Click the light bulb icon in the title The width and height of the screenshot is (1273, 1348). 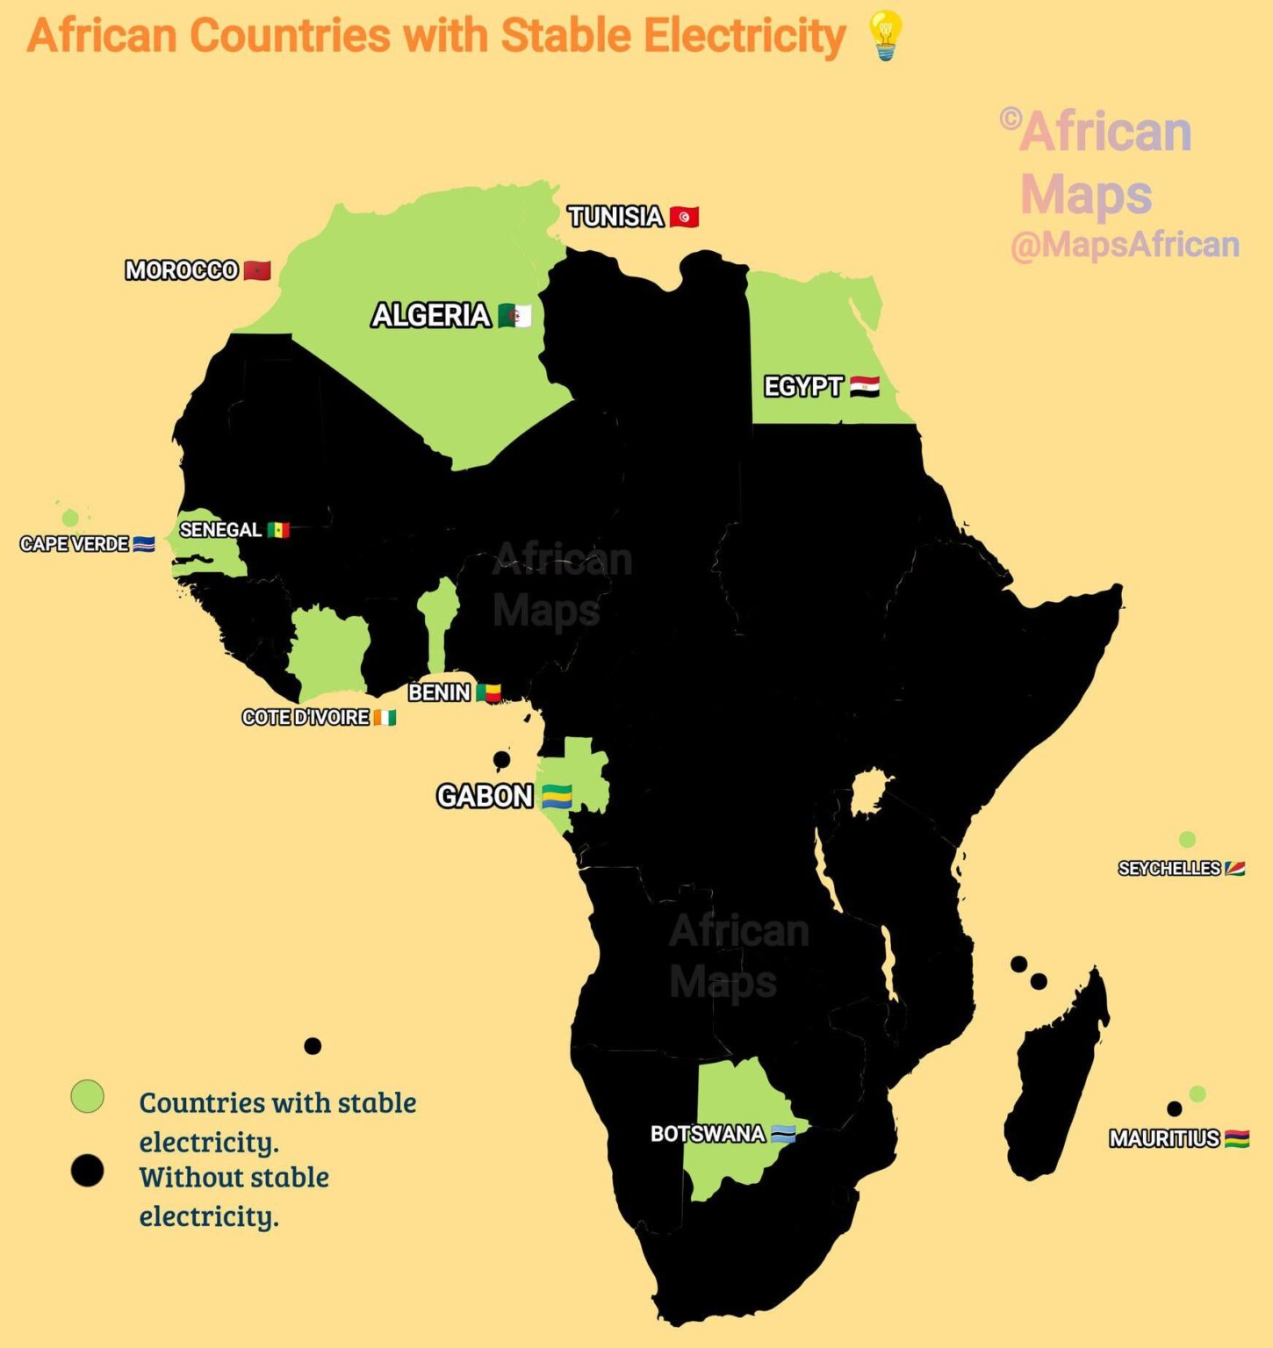click(x=885, y=36)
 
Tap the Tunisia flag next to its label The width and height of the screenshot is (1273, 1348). click(x=684, y=217)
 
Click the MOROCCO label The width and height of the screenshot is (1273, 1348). click(x=182, y=270)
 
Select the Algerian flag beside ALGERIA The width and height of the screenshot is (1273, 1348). click(x=514, y=316)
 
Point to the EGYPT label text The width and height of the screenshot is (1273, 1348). click(x=802, y=387)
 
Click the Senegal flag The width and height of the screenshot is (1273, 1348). click(x=278, y=530)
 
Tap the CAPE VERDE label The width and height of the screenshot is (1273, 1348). click(x=75, y=544)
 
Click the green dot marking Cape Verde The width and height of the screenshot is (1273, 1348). click(x=70, y=518)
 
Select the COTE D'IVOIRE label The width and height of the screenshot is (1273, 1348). click(x=306, y=718)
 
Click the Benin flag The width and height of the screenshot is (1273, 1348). click(x=488, y=693)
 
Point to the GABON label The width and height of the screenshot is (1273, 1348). click(x=485, y=797)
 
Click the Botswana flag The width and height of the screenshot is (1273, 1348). click(x=783, y=1134)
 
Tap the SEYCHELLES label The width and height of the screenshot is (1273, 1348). click(x=1169, y=869)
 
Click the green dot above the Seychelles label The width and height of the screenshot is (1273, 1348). click(x=1187, y=840)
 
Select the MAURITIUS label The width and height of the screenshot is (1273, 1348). click(x=1164, y=1139)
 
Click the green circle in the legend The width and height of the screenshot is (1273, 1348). click(x=87, y=1096)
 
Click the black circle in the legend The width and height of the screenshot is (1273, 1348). click(x=87, y=1171)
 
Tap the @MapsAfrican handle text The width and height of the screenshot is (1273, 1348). click(x=1125, y=245)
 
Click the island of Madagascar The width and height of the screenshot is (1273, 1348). click(x=1058, y=1079)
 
